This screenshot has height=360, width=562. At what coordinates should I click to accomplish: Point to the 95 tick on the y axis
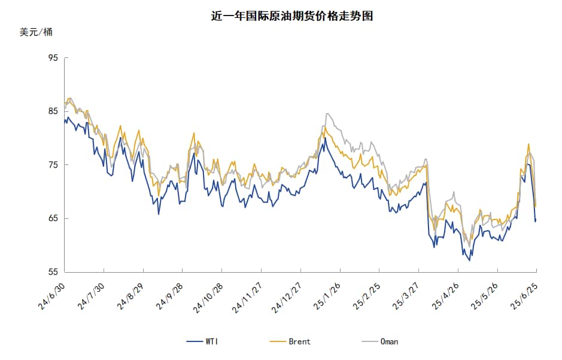(53, 58)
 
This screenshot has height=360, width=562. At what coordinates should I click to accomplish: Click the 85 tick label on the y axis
(53, 111)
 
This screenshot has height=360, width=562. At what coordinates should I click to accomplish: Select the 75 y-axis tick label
(53, 165)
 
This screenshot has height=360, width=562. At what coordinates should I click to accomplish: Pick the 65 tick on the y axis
(53, 218)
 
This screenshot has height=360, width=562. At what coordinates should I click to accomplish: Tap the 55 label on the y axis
(53, 272)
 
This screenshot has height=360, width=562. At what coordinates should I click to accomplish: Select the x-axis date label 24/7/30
(92, 295)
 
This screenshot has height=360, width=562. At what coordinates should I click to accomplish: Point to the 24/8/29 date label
(131, 295)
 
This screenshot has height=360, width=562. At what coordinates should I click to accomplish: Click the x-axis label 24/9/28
(171, 295)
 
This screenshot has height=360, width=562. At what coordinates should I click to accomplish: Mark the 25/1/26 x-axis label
(327, 295)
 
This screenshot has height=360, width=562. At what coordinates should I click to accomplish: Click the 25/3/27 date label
(406, 295)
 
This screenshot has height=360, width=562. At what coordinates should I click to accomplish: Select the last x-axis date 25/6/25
(524, 295)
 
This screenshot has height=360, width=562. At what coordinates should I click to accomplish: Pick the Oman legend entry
(381, 341)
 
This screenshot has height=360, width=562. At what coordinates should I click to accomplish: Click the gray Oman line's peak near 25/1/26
(327, 114)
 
